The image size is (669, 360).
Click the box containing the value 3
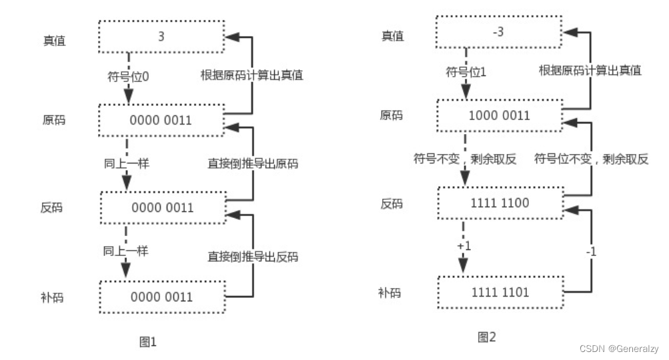[x=161, y=37]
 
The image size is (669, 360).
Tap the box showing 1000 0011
[x=500, y=115]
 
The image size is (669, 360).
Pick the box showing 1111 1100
[x=500, y=203]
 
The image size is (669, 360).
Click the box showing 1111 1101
[x=500, y=292]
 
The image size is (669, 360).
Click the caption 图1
[x=147, y=342]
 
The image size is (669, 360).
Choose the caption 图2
[x=487, y=337]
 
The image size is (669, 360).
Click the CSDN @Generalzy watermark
[x=619, y=349]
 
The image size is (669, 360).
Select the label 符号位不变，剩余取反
[x=592, y=159]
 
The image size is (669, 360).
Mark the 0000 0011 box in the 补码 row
[x=161, y=297]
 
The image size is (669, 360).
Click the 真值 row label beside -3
[x=392, y=36]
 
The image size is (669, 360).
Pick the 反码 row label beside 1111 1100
[x=392, y=204]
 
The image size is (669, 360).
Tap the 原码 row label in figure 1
[x=53, y=121]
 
